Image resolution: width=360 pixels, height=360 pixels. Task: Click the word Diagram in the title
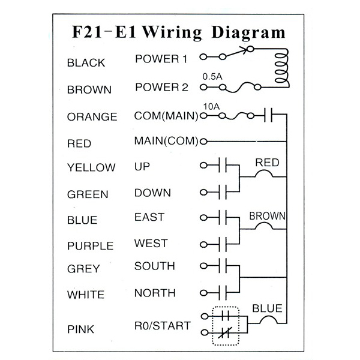point(248,33)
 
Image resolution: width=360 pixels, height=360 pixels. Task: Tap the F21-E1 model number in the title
point(104,32)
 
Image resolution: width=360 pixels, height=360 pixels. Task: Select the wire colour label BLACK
point(86,63)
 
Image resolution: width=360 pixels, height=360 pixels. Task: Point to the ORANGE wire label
point(92,117)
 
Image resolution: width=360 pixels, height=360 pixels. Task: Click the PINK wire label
point(80,329)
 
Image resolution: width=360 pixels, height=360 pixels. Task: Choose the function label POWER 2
point(161,87)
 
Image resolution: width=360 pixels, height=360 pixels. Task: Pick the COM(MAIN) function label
point(166,116)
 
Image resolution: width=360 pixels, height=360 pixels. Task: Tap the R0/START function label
point(163,326)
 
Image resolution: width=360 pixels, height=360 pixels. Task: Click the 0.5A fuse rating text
point(212,77)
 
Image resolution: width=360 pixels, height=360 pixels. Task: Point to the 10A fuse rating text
point(211,107)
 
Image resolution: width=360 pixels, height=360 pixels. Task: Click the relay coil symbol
point(282,68)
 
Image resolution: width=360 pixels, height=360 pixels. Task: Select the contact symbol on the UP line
point(223,165)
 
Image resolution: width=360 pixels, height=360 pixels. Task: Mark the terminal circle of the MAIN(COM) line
point(203,142)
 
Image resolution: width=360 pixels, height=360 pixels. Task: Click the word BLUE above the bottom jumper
point(267,308)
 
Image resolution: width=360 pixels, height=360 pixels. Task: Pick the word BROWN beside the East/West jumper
point(268,216)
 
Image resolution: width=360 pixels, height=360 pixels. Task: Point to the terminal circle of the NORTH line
point(203,293)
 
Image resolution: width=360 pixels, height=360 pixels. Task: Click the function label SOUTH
point(155,266)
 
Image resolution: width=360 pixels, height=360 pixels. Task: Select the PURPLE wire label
point(91,246)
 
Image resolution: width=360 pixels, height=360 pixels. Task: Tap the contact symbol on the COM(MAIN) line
point(268,115)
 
